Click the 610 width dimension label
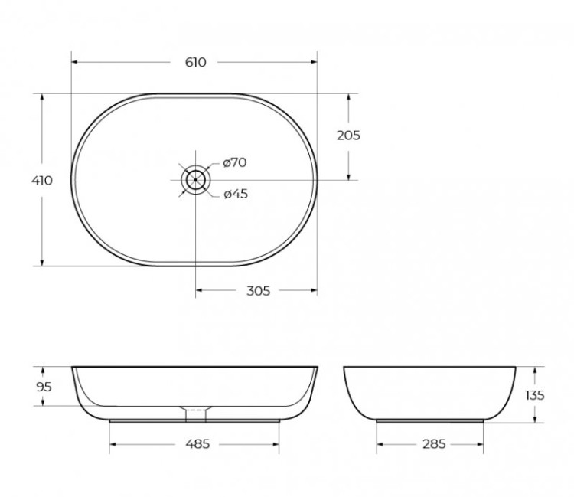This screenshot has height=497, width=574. point(195,62)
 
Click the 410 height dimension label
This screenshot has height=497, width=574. point(42,181)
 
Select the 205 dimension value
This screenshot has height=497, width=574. point(348,136)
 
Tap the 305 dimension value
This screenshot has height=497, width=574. point(259,291)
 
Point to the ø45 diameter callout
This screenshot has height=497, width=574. point(236,194)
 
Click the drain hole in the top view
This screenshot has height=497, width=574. point(195,180)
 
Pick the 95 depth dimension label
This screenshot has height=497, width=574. point(44,387)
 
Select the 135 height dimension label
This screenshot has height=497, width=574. point(535,395)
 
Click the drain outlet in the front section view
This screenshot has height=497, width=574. point(196,414)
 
